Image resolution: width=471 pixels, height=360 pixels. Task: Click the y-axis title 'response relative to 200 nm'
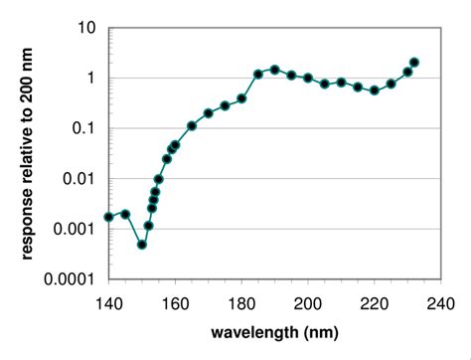(27, 154)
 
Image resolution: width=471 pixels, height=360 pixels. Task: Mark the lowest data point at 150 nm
(142, 245)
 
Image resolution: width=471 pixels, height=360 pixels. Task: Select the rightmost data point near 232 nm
(414, 62)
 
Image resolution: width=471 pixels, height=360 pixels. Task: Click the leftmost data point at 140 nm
(108, 217)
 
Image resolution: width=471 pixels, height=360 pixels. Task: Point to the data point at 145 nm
(125, 214)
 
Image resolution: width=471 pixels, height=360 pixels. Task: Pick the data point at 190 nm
(275, 70)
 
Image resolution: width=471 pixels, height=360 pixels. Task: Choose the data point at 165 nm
(192, 126)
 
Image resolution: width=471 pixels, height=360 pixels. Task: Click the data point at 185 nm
(258, 74)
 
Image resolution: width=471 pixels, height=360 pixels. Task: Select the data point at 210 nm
(341, 83)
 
